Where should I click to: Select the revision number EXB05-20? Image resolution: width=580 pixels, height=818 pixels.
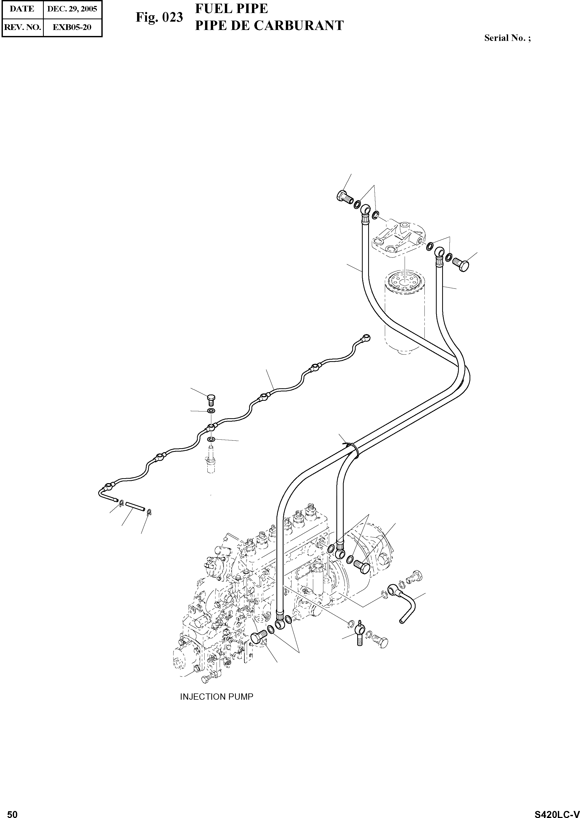(x=72, y=27)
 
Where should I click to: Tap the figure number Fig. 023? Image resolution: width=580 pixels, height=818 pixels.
(x=159, y=17)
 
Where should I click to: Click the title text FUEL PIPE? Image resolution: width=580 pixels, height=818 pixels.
(x=231, y=9)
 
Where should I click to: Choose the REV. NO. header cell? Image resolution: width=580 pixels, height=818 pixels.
(x=22, y=27)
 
